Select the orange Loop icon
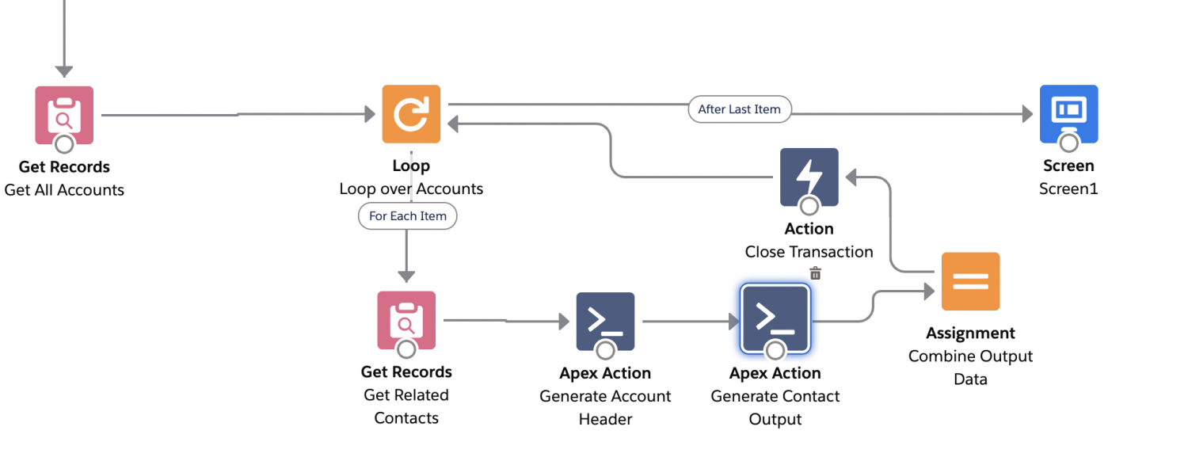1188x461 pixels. [x=411, y=114]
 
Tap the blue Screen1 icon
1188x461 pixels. [x=1068, y=113]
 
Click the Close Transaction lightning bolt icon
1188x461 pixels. [x=809, y=177]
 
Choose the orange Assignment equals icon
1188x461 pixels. [x=970, y=281]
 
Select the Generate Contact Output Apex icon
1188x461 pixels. [x=775, y=319]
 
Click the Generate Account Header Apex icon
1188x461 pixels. [x=605, y=321]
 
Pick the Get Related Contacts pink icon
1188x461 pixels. [x=406, y=320]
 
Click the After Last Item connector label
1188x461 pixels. [x=739, y=109]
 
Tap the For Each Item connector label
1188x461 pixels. [x=407, y=216]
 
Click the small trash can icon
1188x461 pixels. [x=815, y=273]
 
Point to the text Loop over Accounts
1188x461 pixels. [x=411, y=189]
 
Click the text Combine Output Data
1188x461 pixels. [x=970, y=368]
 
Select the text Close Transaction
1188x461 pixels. [x=809, y=252]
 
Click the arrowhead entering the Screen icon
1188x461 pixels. [x=1027, y=114]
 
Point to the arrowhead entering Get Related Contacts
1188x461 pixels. [x=406, y=276]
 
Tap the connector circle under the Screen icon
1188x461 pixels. [x=1068, y=143]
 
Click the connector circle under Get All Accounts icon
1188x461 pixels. [x=64, y=144]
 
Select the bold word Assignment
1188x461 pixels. [x=970, y=333]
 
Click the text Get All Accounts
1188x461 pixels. [x=64, y=190]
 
